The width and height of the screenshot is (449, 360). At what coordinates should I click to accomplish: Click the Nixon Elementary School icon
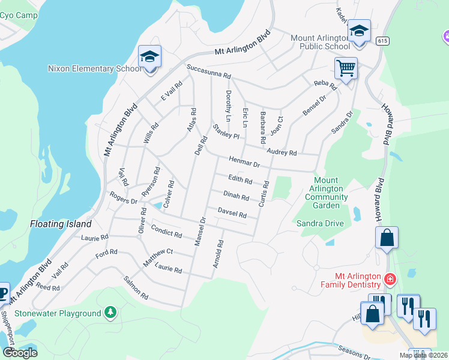pyautogui.click(x=149, y=57)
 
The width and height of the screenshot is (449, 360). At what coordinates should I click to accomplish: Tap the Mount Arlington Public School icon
pyautogui.click(x=359, y=31)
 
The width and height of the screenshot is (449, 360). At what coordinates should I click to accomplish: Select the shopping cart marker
pyautogui.click(x=346, y=68)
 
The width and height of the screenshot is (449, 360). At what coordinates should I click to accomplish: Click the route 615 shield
pyautogui.click(x=382, y=41)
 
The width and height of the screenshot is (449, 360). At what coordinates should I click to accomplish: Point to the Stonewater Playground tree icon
pyautogui.click(x=109, y=313)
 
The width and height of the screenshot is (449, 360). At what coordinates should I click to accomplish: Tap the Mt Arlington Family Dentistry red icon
pyautogui.click(x=390, y=279)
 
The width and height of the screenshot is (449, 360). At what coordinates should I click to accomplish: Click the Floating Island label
pyautogui.click(x=61, y=224)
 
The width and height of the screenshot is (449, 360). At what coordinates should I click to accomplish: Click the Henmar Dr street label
pyautogui.click(x=244, y=162)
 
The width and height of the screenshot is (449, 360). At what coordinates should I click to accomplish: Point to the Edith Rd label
pyautogui.click(x=240, y=179)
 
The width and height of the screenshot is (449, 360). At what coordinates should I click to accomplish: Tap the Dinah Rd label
pyautogui.click(x=236, y=196)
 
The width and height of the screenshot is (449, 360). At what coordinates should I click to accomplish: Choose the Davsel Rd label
pyautogui.click(x=232, y=213)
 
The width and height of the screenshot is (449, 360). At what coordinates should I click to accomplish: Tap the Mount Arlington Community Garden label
pyautogui.click(x=326, y=193)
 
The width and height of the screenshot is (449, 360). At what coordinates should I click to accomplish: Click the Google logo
pyautogui.click(x=20, y=352)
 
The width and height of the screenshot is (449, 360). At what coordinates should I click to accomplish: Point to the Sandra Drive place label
pyautogui.click(x=320, y=223)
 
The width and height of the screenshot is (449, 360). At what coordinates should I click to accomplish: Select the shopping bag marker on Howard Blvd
pyautogui.click(x=387, y=238)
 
